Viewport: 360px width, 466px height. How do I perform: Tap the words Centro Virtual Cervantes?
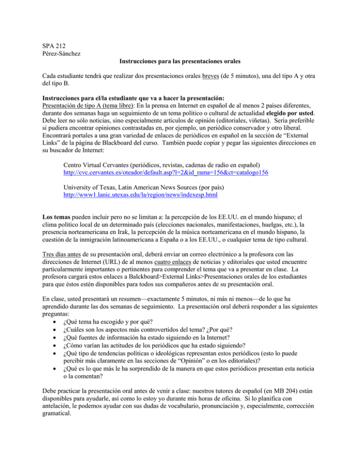point(102,152)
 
